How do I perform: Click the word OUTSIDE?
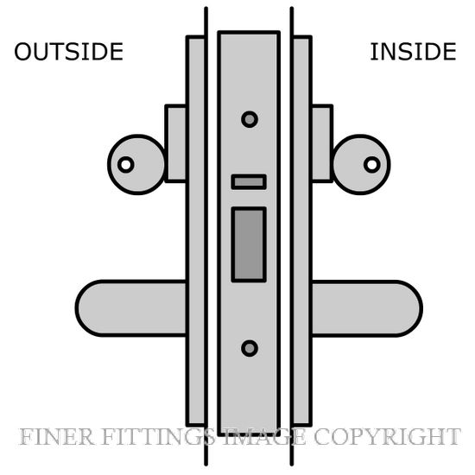pos(69,52)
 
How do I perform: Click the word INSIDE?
pos(413,52)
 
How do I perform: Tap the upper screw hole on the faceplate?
pos(250,119)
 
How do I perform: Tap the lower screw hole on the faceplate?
pos(250,348)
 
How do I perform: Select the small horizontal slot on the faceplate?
pos(249,182)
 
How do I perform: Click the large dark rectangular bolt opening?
pos(249,244)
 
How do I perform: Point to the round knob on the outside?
pos(137,164)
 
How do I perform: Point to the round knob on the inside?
pos(361,164)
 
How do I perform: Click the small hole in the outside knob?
pos(126,165)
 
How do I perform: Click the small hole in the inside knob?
pos(372,165)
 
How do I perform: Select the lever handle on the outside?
pos(131,308)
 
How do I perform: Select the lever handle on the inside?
pos(367,308)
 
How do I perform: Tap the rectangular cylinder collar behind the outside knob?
pos(175,143)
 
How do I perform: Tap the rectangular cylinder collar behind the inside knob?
pos(322,143)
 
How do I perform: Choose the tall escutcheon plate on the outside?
pos(196,231)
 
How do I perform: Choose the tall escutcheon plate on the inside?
pos(302,231)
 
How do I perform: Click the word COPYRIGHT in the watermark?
pos(387,437)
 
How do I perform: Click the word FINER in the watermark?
pos(56,437)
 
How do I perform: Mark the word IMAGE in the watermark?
pos(265,437)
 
